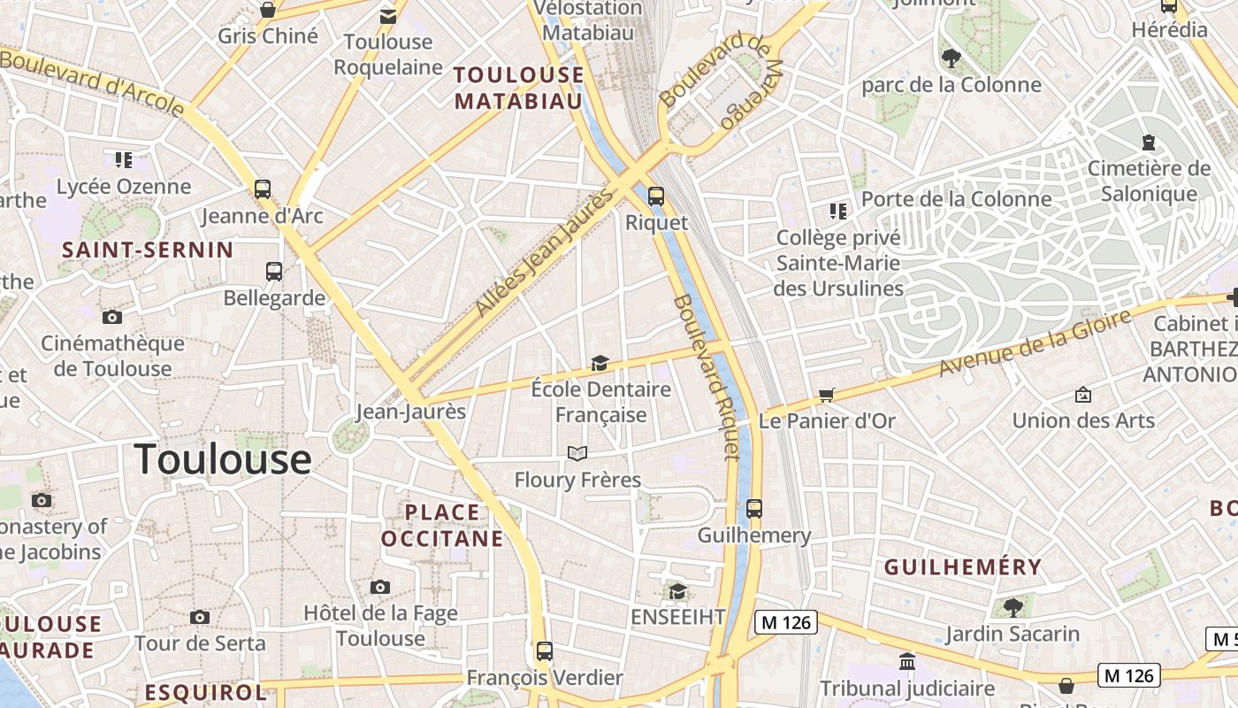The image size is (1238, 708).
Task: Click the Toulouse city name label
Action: point(223,459)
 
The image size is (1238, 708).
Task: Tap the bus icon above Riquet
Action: point(655,196)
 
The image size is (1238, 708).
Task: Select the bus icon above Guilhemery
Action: point(753,509)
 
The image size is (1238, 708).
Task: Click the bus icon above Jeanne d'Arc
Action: point(262,189)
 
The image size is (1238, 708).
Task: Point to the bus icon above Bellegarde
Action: point(274,272)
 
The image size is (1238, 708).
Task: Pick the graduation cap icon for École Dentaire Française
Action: point(600,364)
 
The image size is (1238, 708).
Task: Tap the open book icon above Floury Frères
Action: point(577,454)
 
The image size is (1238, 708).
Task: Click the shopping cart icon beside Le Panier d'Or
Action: point(826,396)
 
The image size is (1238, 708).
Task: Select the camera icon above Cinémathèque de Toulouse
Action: point(112,317)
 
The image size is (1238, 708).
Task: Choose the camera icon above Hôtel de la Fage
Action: point(380,587)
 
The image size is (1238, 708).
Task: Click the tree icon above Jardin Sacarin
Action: point(1013,607)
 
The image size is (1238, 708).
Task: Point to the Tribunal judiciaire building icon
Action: point(906,661)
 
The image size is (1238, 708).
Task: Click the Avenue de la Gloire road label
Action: point(1035,342)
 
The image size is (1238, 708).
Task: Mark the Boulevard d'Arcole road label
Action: point(92,82)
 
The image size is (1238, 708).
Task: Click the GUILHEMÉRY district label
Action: point(963,567)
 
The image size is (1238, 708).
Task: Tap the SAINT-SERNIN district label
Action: point(148,250)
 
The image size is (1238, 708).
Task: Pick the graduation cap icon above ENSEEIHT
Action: point(677,591)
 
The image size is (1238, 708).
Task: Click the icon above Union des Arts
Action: point(1082,395)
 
